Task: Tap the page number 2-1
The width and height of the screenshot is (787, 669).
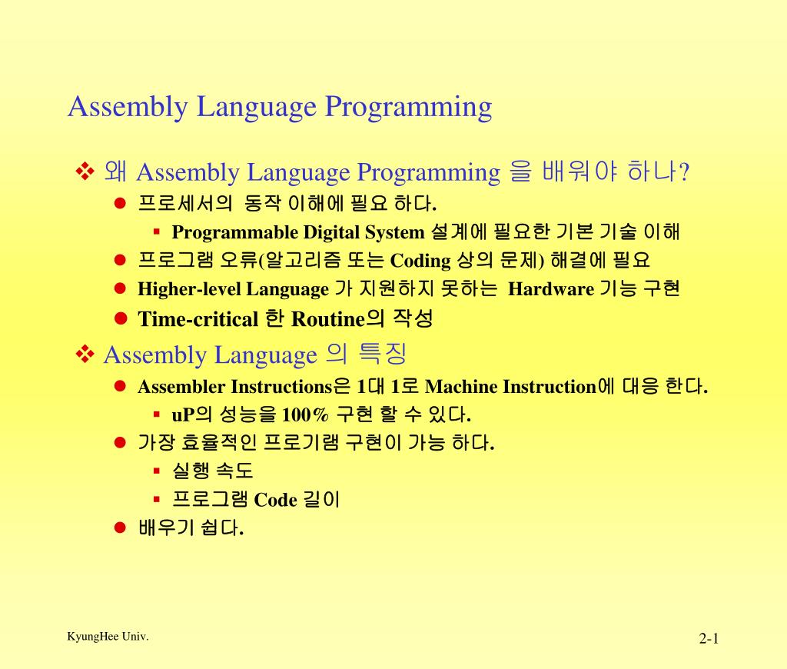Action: point(708,639)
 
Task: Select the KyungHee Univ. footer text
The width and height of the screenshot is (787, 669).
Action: point(108,637)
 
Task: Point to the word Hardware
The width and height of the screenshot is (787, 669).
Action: point(551,290)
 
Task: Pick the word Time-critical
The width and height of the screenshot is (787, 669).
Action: point(198,319)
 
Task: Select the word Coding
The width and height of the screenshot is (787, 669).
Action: point(420,261)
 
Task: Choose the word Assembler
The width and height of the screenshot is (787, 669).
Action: point(181,387)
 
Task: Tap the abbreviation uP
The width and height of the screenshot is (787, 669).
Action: point(181,416)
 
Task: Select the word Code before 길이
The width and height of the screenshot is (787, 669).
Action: point(275,501)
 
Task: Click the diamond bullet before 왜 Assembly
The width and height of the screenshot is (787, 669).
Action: point(84,171)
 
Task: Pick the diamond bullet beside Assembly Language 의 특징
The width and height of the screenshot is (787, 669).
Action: point(84,354)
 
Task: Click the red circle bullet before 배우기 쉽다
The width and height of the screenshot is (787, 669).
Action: point(120,528)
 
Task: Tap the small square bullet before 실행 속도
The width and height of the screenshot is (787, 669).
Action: point(156,469)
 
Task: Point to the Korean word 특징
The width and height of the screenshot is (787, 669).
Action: point(382,354)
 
